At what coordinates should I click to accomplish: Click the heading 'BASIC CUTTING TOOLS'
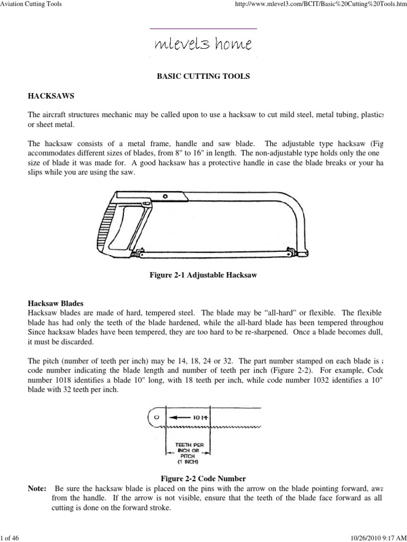[x=203, y=76]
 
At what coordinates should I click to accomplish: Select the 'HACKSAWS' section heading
[x=51, y=96]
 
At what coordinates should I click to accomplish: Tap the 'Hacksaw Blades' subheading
[x=56, y=304]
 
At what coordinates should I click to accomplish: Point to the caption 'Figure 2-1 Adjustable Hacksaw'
[x=203, y=276]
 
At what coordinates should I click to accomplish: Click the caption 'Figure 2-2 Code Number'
[x=203, y=478]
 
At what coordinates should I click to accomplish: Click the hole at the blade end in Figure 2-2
[x=156, y=417]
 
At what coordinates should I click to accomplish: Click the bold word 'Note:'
[x=37, y=487]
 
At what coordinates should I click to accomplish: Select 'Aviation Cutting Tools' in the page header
[x=31, y=4]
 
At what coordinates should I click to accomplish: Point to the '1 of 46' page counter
[x=10, y=537]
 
